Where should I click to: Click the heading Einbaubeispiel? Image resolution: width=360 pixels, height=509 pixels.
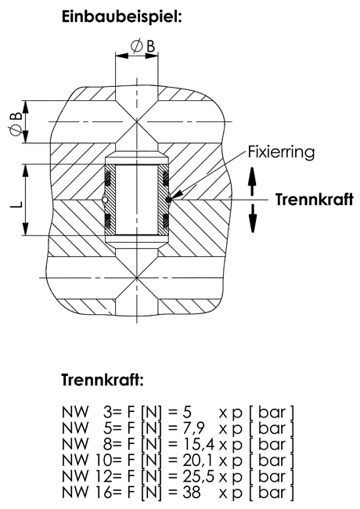tap(121, 17)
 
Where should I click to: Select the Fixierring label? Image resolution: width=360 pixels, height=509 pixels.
tap(281, 152)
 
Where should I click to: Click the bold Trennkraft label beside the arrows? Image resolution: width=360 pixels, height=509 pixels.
tap(315, 200)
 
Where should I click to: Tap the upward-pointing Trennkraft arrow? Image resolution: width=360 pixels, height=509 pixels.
tap(252, 180)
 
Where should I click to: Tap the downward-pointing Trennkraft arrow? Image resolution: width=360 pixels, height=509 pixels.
tap(252, 218)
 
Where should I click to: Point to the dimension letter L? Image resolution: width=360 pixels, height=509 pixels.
tap(18, 204)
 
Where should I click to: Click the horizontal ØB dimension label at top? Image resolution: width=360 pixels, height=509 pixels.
tap(143, 46)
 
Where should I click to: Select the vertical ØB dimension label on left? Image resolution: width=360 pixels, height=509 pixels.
tap(15, 124)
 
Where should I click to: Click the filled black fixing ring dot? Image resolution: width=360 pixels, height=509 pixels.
tap(168, 200)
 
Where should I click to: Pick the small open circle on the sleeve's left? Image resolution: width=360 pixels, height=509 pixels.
tap(105, 200)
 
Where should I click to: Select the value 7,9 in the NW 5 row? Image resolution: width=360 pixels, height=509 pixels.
tap(193, 428)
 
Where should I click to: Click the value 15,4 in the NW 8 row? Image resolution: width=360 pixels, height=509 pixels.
tap(197, 445)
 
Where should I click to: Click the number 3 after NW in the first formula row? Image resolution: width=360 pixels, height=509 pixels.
tap(107, 413)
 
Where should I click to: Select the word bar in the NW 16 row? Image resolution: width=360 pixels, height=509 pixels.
tap(272, 492)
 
